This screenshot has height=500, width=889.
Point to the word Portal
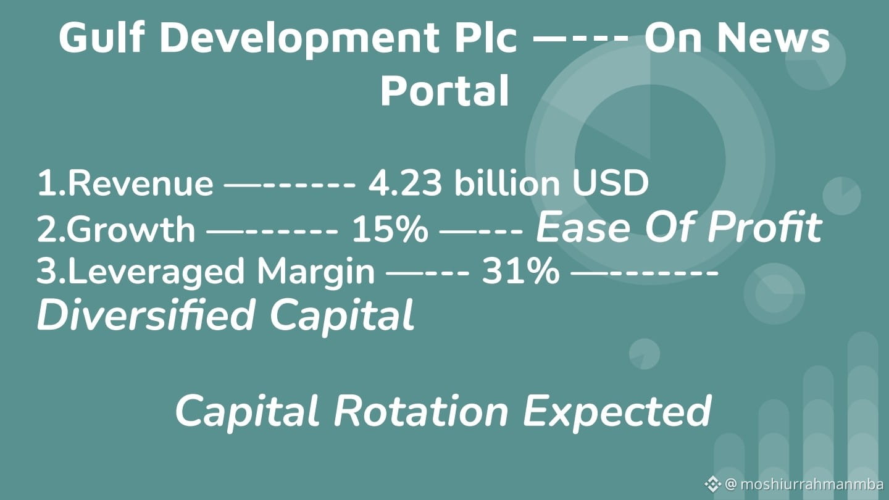point(444,91)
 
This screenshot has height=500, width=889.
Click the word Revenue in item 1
point(141,183)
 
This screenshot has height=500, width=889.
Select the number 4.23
point(405,183)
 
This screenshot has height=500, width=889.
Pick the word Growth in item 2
point(131,228)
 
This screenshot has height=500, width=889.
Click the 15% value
point(390,229)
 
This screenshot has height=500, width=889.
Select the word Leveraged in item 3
point(156,272)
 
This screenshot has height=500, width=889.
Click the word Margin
point(316,272)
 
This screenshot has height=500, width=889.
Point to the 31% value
point(520,271)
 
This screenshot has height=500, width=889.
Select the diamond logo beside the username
point(712,484)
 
